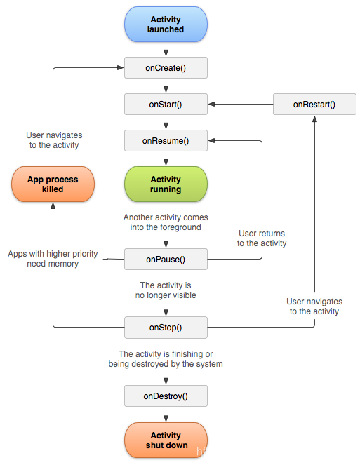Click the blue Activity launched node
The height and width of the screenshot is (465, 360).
[x=166, y=25]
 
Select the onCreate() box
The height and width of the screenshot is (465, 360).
[x=166, y=68]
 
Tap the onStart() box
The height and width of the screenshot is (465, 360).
[x=166, y=105]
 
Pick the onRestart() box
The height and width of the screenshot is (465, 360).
[x=314, y=105]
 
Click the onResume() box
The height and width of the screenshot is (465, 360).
[x=166, y=140]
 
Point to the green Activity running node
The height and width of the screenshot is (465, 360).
[x=166, y=184]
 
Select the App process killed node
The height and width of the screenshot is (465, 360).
[x=53, y=184]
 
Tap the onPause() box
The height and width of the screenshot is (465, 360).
[x=166, y=260]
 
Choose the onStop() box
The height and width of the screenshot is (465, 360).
[x=166, y=328]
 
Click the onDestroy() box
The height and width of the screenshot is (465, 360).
[x=166, y=396]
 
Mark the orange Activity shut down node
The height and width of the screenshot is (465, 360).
[x=166, y=440]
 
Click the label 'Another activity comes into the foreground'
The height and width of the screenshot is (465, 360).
[x=166, y=222]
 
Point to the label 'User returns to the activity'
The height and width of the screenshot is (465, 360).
[x=262, y=238]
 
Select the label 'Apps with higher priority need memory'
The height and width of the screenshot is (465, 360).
[x=53, y=259]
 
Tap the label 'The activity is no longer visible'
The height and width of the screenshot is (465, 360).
[x=166, y=290]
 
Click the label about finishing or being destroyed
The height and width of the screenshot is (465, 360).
[x=166, y=359]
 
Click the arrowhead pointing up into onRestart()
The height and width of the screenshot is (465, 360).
[x=314, y=119]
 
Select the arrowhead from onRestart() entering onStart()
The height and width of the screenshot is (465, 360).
[x=211, y=104]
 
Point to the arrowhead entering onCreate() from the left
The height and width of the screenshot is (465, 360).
[x=121, y=67]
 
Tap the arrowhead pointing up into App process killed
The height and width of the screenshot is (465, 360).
[x=53, y=205]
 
